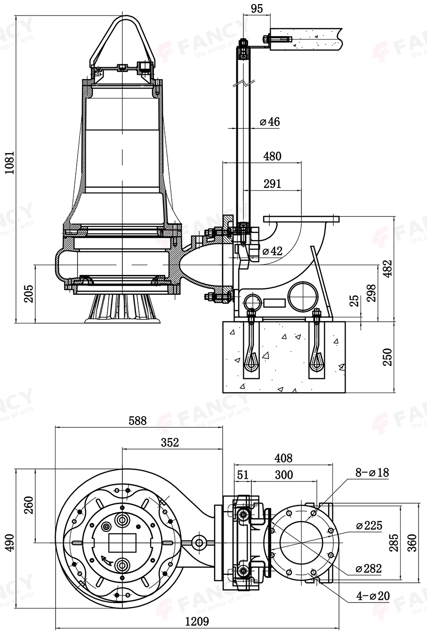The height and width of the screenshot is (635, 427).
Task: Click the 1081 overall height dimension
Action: [x=10, y=163]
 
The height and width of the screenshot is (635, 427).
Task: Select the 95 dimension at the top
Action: [x=257, y=8]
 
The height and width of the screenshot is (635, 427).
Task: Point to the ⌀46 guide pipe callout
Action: [x=270, y=122]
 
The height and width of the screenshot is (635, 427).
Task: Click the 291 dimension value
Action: [x=272, y=184]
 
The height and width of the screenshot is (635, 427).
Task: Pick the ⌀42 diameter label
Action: [x=272, y=251]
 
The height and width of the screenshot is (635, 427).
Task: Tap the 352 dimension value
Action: [x=170, y=442]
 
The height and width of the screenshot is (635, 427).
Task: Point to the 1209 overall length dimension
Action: [x=197, y=621]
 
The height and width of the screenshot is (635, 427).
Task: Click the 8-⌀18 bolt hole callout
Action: [x=372, y=473]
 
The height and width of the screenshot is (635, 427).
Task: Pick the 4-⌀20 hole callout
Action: [x=372, y=596]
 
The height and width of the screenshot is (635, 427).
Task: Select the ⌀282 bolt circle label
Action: [x=369, y=569]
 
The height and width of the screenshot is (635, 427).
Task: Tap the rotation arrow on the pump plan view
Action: [x=107, y=560]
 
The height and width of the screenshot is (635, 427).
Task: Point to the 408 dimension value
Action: [x=283, y=458]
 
